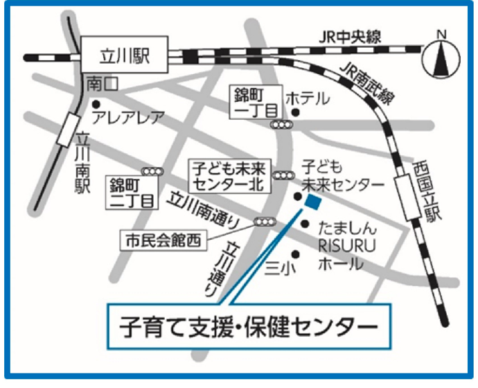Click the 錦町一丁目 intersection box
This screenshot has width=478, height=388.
(257, 103)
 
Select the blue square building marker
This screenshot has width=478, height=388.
(313, 202)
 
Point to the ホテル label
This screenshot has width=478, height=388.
(308, 98)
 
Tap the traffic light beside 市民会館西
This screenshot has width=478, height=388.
(263, 222)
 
